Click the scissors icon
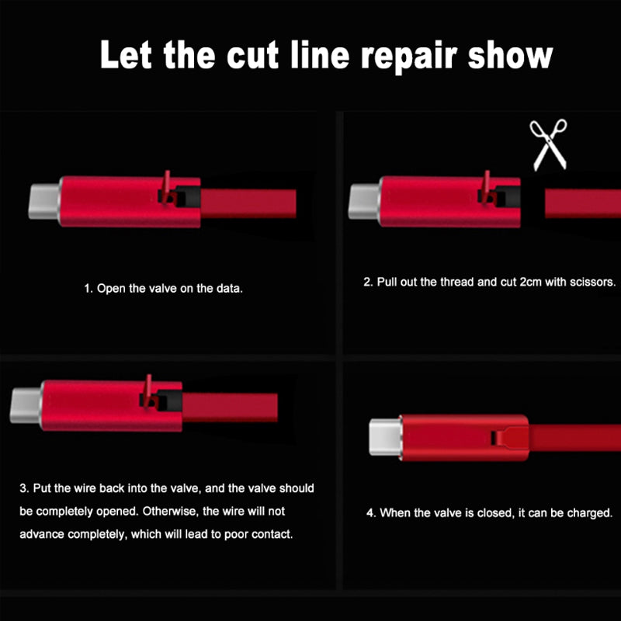(x=549, y=145)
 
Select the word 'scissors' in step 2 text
(x=592, y=283)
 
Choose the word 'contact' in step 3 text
(x=272, y=536)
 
